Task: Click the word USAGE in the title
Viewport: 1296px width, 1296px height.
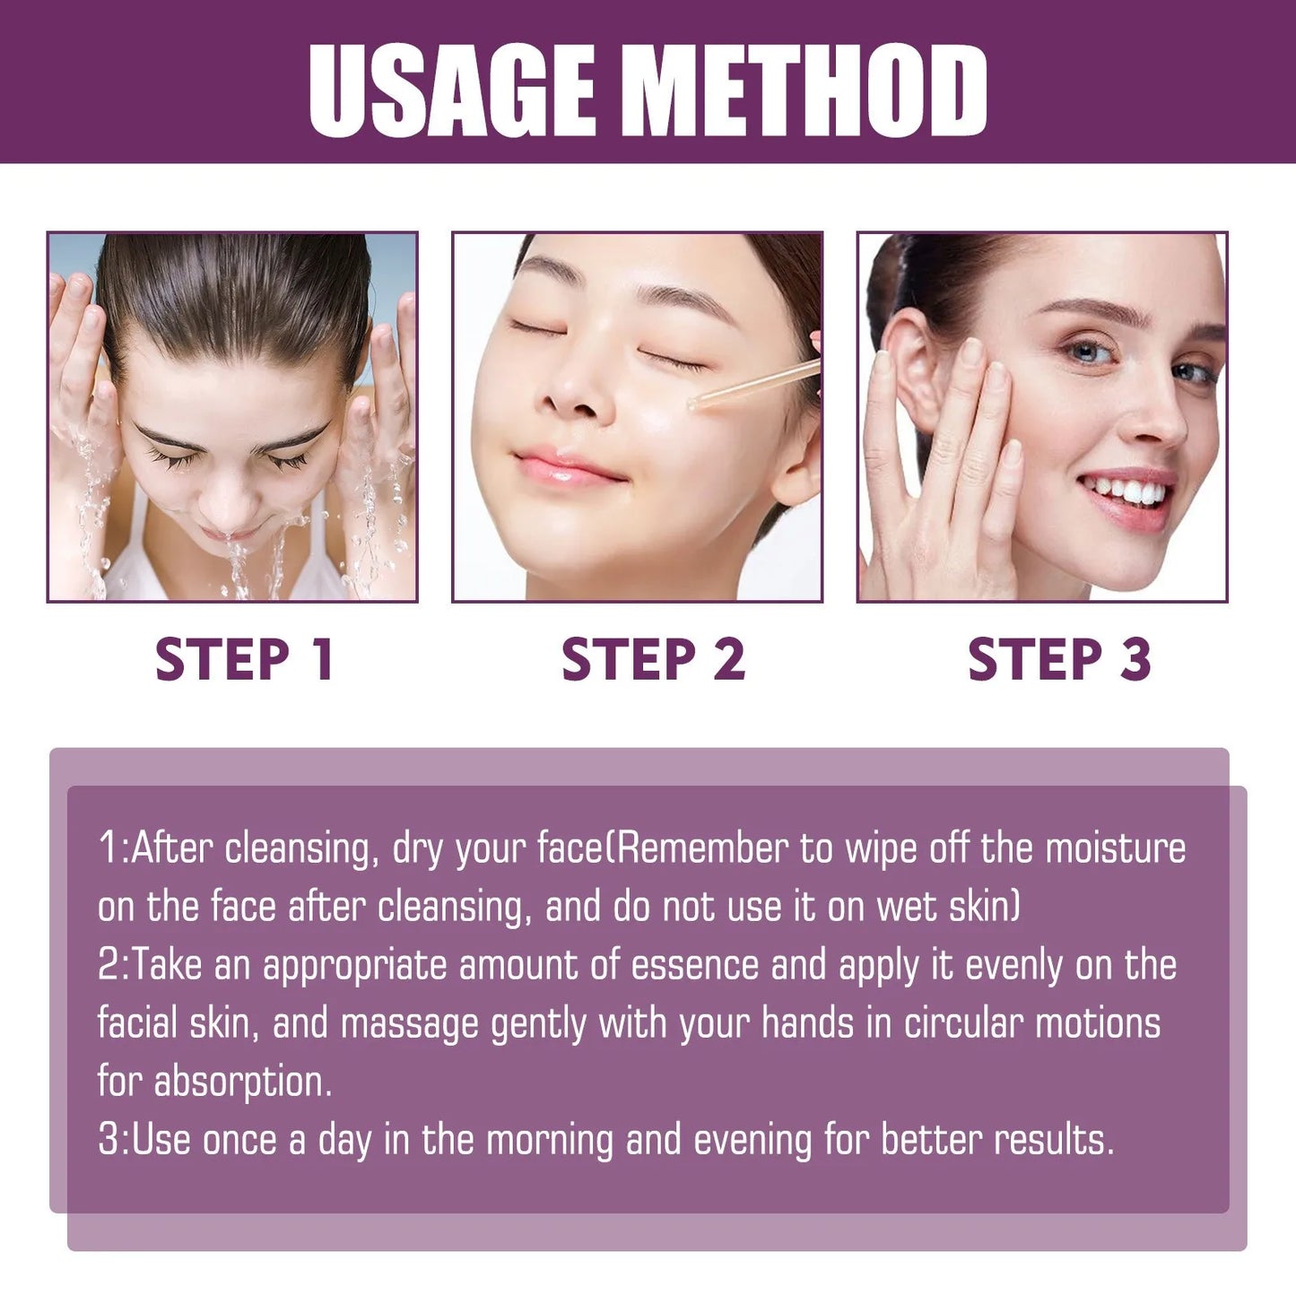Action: [x=452, y=90]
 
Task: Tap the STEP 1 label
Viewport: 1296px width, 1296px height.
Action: [x=244, y=659]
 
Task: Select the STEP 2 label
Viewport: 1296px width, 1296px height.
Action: [x=653, y=659]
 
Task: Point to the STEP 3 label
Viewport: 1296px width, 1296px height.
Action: [x=1059, y=659]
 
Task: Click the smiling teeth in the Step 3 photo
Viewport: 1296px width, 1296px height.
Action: [x=1126, y=491]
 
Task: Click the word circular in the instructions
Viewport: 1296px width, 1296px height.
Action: [x=962, y=1023]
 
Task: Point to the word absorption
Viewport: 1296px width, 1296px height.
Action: [x=242, y=1083]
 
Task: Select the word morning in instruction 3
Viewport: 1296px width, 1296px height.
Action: [x=550, y=1140]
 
